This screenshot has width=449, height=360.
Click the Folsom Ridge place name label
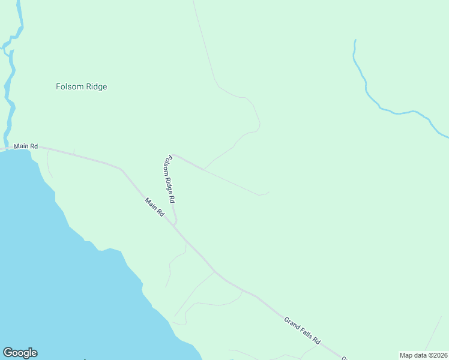81,86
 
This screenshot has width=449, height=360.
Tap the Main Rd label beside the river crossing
26,146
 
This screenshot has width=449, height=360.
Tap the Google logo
20,353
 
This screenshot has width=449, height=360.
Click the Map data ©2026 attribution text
423,355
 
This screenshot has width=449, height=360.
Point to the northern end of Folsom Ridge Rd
172,154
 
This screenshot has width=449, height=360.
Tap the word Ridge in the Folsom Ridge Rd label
169,179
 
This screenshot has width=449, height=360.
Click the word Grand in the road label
291,323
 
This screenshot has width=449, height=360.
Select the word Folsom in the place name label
68,86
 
